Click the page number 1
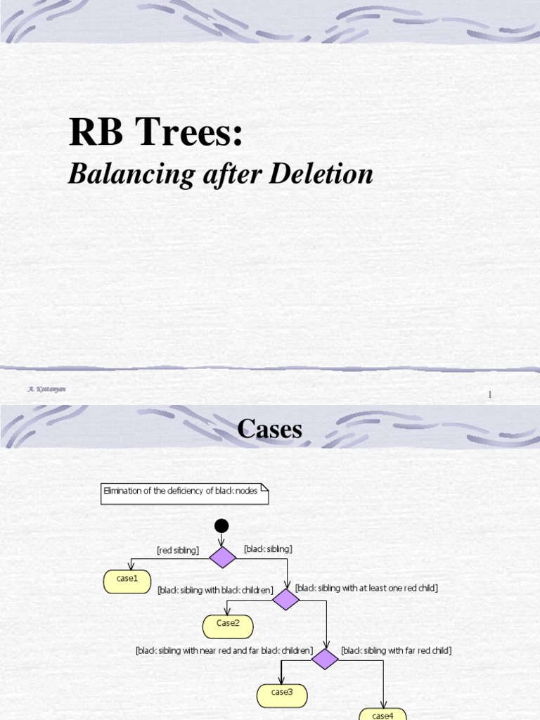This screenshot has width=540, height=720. click(x=490, y=395)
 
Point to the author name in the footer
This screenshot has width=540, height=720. click(x=46, y=388)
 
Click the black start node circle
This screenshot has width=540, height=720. click(x=221, y=526)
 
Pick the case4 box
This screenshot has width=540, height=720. click(x=382, y=714)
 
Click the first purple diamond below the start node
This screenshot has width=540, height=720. click(x=222, y=558)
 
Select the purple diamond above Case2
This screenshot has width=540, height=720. click(x=286, y=600)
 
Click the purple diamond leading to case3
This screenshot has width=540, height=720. click(x=325, y=659)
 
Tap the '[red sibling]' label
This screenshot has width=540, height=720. click(x=177, y=551)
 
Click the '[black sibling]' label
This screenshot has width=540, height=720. click(x=268, y=548)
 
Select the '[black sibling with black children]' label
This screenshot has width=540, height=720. click(x=215, y=591)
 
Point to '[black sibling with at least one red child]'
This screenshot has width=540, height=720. click(x=366, y=588)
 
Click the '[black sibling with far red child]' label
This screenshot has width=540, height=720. click(x=396, y=650)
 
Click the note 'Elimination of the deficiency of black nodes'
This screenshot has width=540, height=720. click(x=181, y=491)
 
